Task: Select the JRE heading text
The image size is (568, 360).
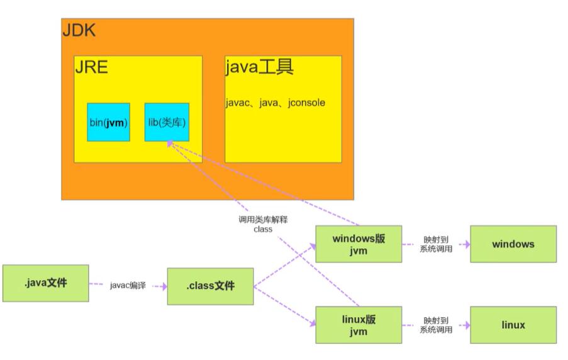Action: [91, 67]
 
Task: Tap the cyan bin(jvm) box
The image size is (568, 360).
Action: [108, 122]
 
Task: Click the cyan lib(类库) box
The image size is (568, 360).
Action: [167, 122]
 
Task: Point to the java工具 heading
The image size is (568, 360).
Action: [259, 67]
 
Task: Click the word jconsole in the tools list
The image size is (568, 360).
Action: [308, 103]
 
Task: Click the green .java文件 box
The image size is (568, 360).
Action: [45, 283]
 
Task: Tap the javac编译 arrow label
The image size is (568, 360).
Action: [128, 286]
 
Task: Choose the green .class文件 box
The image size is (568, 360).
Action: [210, 286]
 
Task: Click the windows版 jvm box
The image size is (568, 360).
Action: [358, 244]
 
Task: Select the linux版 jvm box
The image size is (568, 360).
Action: [358, 325]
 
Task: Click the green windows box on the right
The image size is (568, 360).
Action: [513, 244]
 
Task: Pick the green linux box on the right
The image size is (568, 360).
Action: [513, 325]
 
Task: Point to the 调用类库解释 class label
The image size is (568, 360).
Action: [263, 225]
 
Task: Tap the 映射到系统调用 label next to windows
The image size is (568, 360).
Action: [435, 244]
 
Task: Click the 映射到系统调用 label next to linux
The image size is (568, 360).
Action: [435, 325]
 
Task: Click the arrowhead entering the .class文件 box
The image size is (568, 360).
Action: [164, 286]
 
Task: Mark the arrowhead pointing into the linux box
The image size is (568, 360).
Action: [467, 325]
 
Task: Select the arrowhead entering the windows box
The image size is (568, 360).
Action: [467, 244]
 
